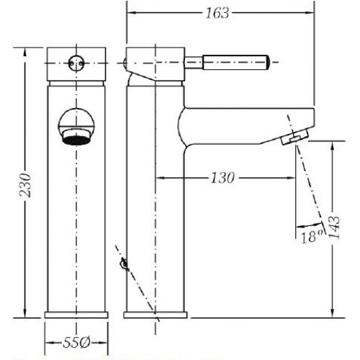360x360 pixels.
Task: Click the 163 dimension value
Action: [217, 13]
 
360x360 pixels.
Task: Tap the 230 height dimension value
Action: [25, 185]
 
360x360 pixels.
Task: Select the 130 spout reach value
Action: [222, 178]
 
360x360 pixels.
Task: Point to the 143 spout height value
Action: [334, 227]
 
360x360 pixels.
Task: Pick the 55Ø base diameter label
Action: [76, 343]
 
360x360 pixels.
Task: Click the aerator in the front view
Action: [76, 140]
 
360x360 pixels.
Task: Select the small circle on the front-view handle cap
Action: [76, 63]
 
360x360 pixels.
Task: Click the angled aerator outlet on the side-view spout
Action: [295, 137]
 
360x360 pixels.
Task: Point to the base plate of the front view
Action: [76, 315]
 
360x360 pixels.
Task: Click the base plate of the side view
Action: [156, 315]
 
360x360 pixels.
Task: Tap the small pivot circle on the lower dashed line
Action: [124, 264]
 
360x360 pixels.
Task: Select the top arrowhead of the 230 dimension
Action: [24, 53]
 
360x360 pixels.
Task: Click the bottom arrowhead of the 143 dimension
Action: [333, 313]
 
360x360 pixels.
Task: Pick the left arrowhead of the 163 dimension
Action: [132, 13]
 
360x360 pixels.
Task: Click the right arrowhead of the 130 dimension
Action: [290, 178]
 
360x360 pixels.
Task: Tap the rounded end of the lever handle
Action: [268, 63]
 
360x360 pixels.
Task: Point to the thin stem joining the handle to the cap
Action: [194, 63]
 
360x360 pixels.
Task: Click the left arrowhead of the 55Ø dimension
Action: [50, 343]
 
